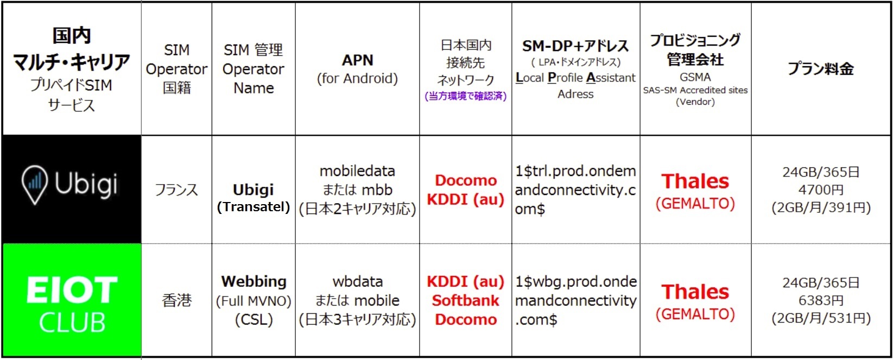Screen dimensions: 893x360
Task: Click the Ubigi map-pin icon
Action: click(x=35, y=185)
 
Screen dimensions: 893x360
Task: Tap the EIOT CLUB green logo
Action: click(x=72, y=300)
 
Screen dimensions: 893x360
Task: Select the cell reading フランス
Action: click(x=176, y=190)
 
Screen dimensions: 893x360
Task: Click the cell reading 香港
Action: click(x=176, y=300)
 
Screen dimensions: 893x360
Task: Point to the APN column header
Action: click(x=358, y=60)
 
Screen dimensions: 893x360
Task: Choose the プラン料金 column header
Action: click(x=821, y=68)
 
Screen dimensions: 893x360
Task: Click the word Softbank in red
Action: click(x=465, y=300)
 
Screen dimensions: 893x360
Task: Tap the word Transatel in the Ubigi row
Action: click(x=254, y=207)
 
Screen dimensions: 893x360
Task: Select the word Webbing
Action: click(x=254, y=281)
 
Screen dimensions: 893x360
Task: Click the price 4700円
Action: click(x=821, y=190)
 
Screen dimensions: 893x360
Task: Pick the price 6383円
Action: click(x=821, y=300)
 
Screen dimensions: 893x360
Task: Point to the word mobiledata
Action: click(x=358, y=171)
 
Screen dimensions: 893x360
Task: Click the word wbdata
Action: click(x=358, y=281)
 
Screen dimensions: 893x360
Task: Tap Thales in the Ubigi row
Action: click(x=695, y=181)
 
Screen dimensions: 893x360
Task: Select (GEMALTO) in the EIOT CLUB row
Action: click(x=695, y=314)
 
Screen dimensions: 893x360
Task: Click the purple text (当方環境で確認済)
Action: click(x=465, y=96)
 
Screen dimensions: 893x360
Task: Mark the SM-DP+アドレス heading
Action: click(x=575, y=46)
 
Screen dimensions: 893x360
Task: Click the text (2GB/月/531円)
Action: click(x=821, y=318)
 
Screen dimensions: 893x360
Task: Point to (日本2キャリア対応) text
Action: click(x=358, y=209)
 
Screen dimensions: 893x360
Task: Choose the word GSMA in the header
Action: click(x=695, y=77)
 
